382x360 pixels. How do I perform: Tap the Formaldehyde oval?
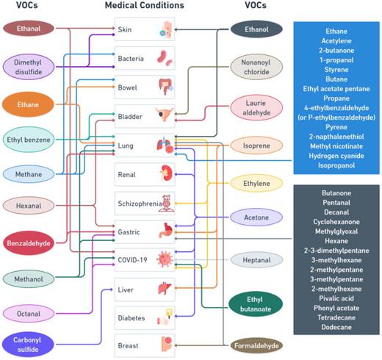[253, 345]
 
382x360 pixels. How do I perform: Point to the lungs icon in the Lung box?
[164, 145]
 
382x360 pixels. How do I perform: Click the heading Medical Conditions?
[145, 5]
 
